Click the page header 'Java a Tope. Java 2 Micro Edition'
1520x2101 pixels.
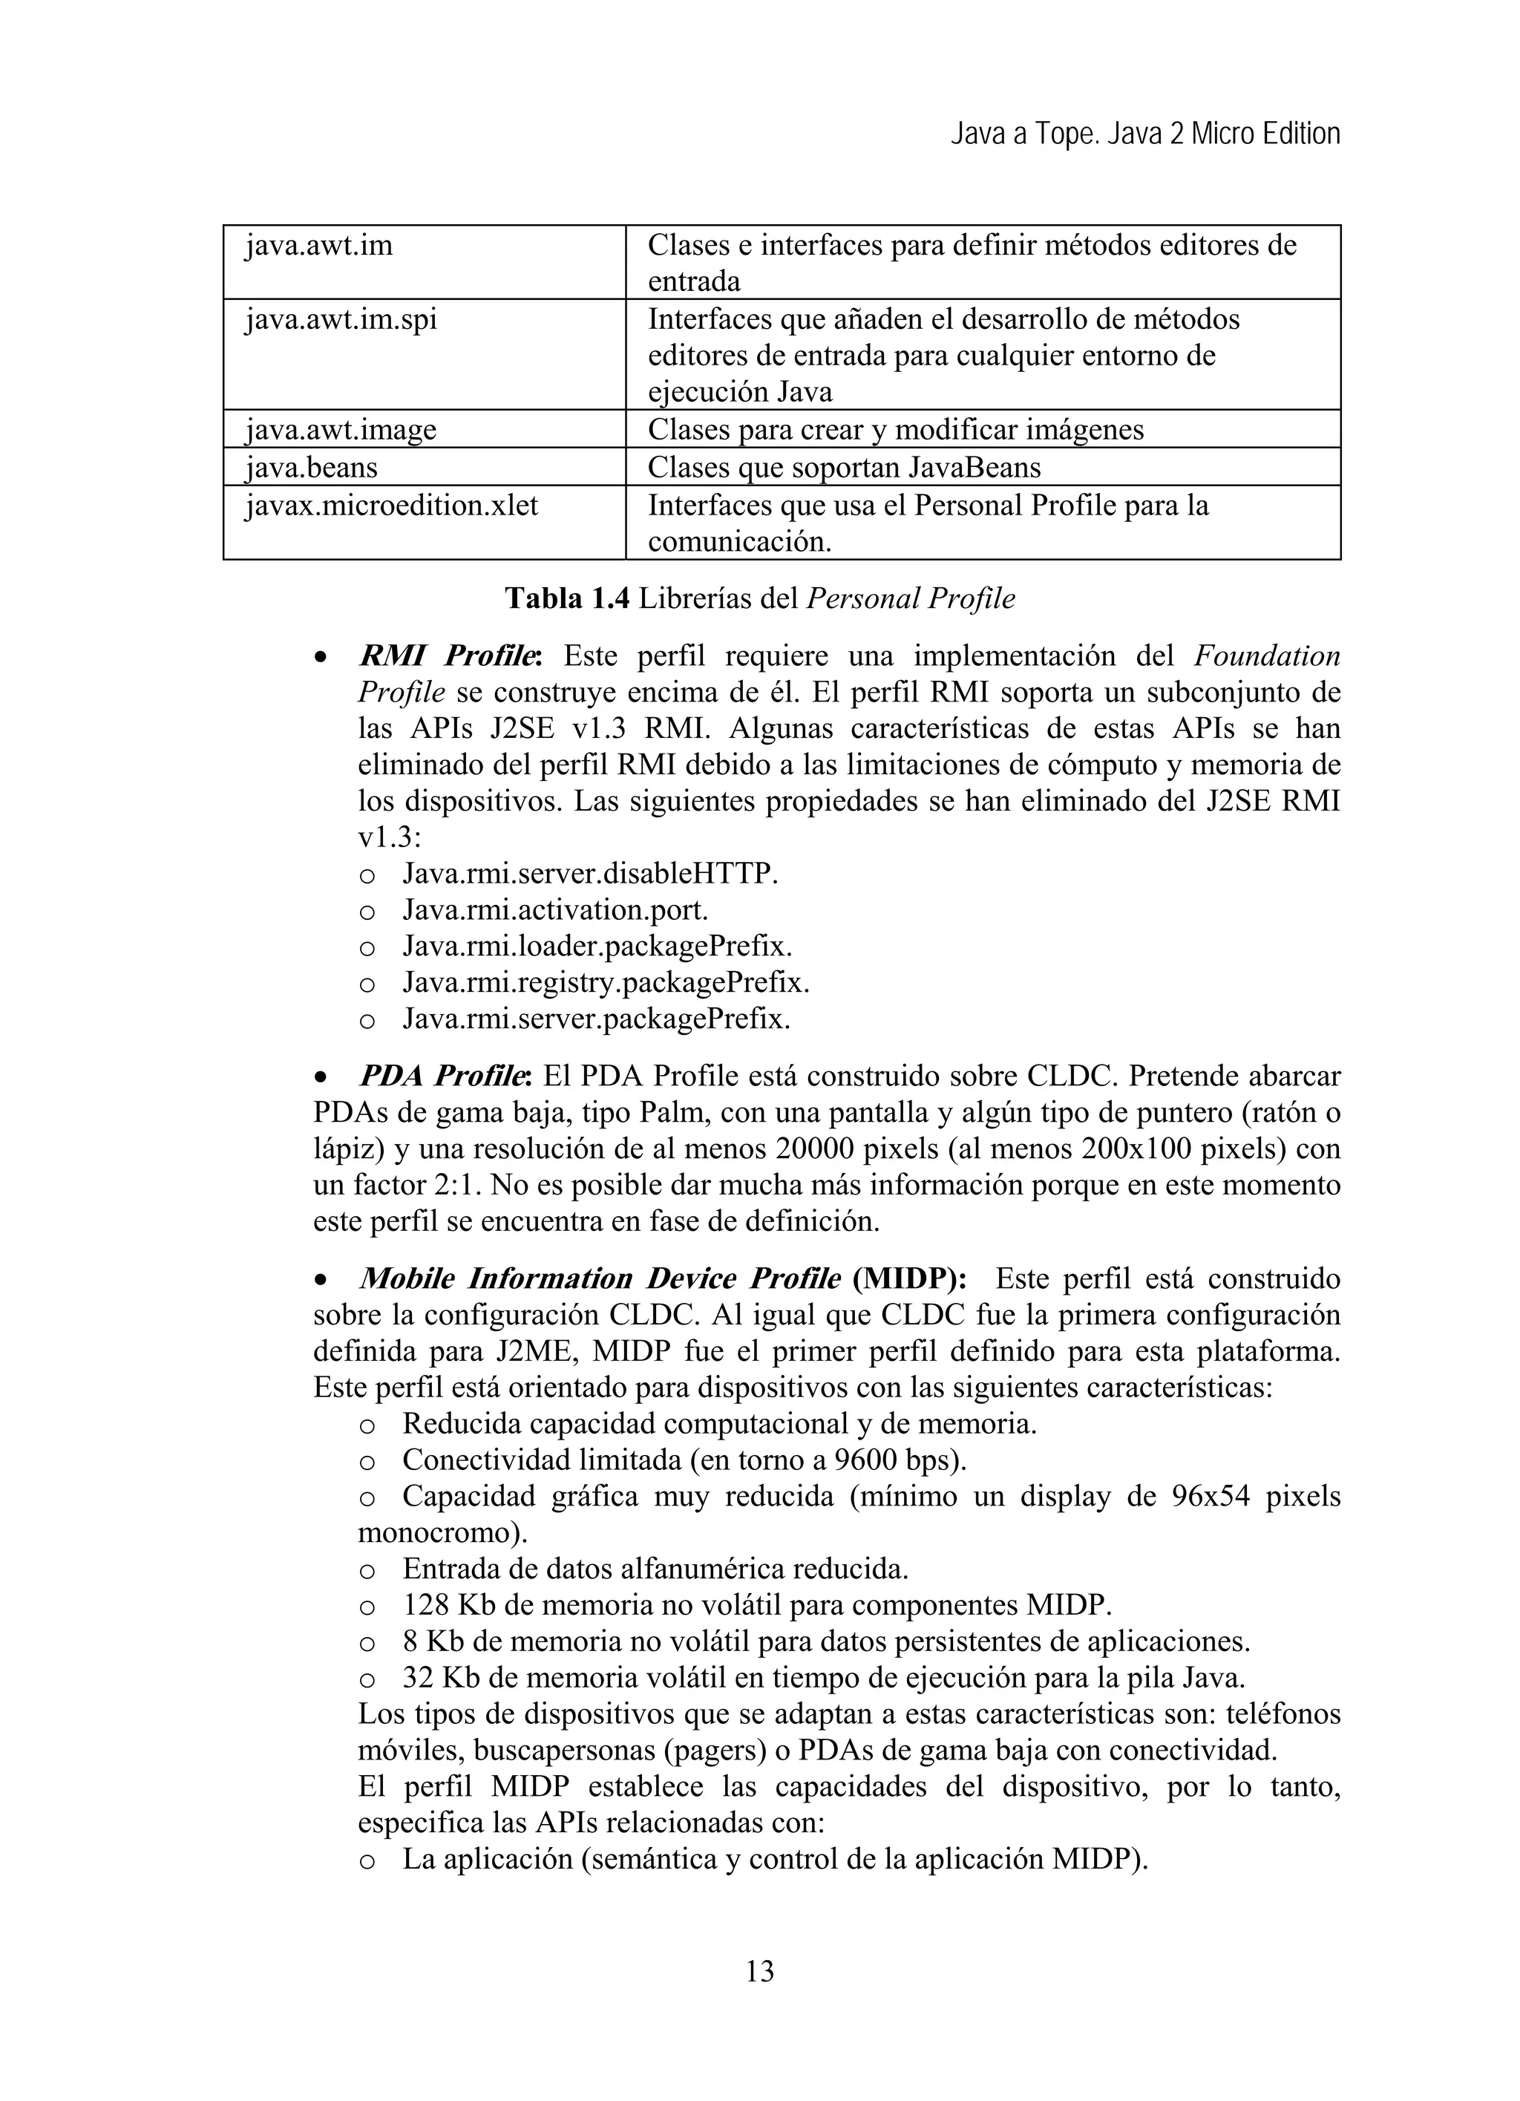(1145, 134)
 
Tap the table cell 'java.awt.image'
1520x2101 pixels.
(340, 430)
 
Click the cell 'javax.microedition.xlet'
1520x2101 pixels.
(391, 506)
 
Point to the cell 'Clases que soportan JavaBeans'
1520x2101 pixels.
(844, 467)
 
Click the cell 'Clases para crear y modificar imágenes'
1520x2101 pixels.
(896, 430)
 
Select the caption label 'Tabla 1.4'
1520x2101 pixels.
(567, 598)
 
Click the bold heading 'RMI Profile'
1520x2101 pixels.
(447, 656)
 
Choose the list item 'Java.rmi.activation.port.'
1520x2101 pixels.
(555, 909)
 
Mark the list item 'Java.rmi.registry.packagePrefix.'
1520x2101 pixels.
(606, 982)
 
